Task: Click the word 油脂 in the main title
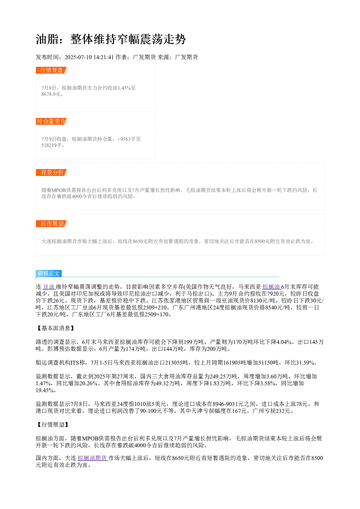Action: [x=47, y=39]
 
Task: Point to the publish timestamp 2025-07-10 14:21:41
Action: [x=89, y=57]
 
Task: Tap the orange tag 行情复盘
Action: [x=52, y=70]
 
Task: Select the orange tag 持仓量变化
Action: [x=52, y=121]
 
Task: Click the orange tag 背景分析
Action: [x=52, y=172]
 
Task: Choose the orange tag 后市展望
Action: [x=52, y=223]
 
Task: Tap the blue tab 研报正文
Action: [x=49, y=273]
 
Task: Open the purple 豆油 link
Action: [x=49, y=287]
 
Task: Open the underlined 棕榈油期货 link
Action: [x=93, y=458]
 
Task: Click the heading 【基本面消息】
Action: [x=56, y=328]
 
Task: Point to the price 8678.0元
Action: [x=51, y=94]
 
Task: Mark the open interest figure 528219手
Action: [x=52, y=145]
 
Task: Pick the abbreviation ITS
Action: [x=75, y=363]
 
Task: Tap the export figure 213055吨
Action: [x=177, y=363]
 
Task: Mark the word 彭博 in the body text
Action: [x=53, y=349]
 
